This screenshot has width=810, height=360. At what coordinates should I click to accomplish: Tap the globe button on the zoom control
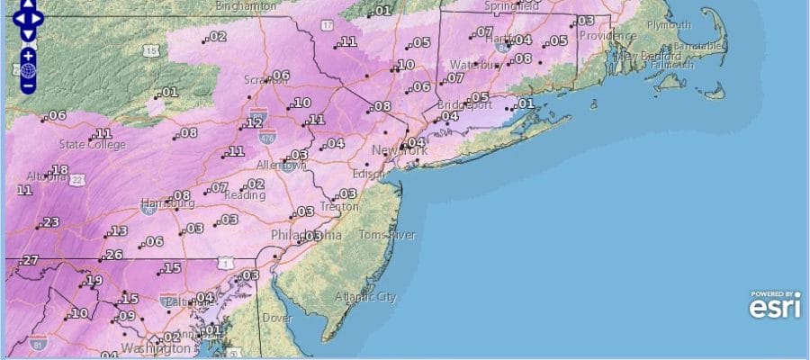(x=28, y=70)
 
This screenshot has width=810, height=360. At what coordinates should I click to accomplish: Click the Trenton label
(x=339, y=206)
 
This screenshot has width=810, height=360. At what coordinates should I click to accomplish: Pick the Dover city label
(x=277, y=318)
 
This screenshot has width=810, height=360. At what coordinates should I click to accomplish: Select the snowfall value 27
(x=31, y=260)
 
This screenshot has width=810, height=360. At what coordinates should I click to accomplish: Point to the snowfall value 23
(x=50, y=222)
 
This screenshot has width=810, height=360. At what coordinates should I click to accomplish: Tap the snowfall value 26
(x=113, y=255)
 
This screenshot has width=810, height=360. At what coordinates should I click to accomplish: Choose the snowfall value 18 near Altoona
(x=60, y=170)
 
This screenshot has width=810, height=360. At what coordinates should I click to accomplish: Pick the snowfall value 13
(x=118, y=231)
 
